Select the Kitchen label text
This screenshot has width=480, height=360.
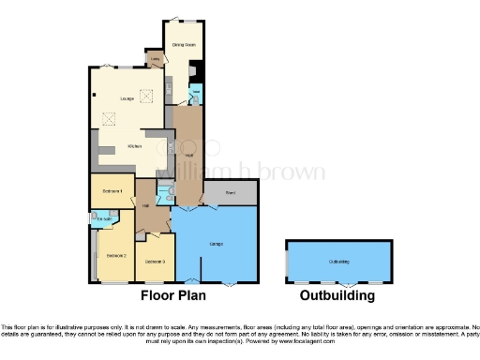tap(135, 147)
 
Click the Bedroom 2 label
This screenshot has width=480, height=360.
tap(116, 255)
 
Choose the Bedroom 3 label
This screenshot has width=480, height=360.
tap(155, 261)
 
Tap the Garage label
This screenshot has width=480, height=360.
tap(216, 244)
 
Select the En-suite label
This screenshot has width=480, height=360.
tap(104, 220)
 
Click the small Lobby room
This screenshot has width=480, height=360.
tap(155, 61)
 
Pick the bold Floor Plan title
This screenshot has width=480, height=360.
tap(179, 295)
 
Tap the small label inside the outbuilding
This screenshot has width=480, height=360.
tap(338, 262)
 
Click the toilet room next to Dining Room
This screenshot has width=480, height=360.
tap(196, 94)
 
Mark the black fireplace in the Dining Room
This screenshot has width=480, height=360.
tap(194, 68)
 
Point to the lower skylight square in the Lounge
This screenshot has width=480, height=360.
tap(109, 119)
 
